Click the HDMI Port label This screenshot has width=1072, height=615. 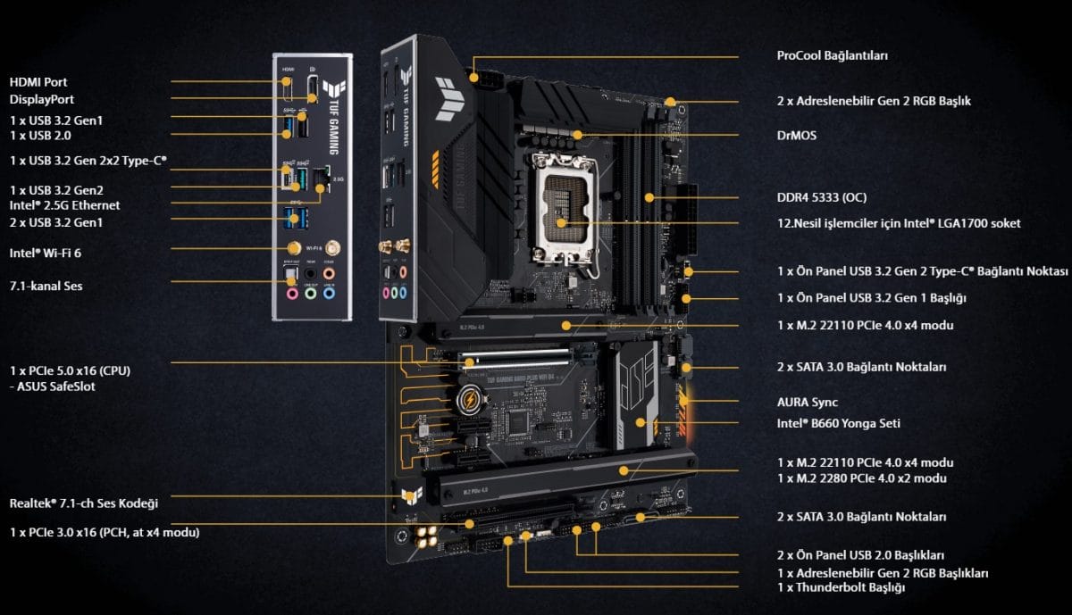point(38,82)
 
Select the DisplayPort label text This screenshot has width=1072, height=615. point(42,99)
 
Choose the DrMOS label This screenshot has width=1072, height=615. point(796,136)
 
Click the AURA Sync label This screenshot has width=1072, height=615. point(808,403)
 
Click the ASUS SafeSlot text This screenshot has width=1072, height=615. point(56,386)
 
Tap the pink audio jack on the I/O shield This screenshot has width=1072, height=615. point(330,273)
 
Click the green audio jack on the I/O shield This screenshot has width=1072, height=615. point(311,290)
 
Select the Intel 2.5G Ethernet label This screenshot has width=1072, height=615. point(64,205)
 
